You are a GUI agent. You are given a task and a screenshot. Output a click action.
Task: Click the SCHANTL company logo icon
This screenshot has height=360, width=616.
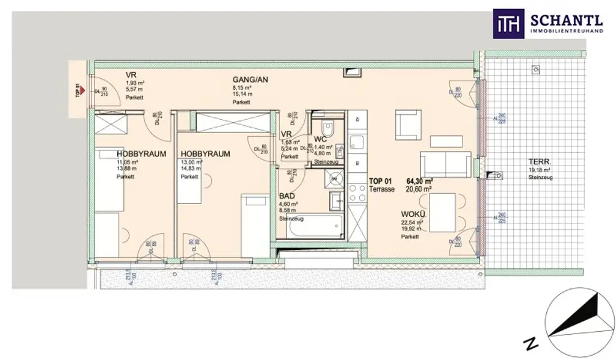508,23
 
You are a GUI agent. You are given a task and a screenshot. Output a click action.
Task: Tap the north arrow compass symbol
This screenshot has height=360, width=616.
577,319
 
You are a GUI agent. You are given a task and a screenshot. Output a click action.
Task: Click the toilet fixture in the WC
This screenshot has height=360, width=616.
328,129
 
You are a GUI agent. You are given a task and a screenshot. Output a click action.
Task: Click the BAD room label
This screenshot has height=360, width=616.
287,196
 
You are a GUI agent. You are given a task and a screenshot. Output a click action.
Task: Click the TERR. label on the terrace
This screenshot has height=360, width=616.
538,163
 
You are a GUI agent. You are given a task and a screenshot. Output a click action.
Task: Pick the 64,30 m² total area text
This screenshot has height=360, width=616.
420,181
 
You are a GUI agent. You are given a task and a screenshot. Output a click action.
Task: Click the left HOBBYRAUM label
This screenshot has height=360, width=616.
141,154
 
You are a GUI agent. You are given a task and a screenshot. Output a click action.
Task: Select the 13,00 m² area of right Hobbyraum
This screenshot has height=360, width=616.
191,163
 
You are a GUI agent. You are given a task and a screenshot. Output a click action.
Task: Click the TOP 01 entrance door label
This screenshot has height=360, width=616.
78,90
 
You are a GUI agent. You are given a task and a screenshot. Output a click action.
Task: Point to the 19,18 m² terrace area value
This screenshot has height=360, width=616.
540,170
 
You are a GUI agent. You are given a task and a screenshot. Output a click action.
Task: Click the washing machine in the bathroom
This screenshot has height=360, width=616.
333,178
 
